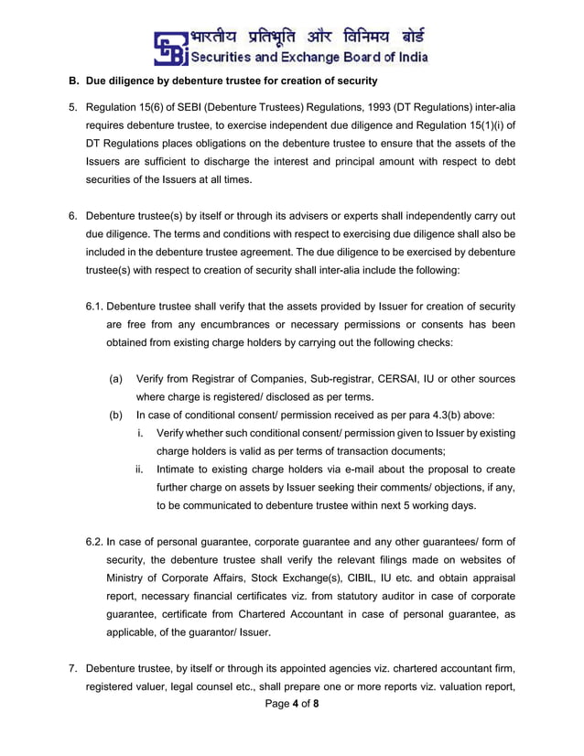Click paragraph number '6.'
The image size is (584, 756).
click(73, 216)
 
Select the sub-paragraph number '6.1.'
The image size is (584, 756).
click(96, 306)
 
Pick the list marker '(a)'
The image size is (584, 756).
click(116, 378)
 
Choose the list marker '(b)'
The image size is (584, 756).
click(116, 415)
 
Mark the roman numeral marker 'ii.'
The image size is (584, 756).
click(140, 469)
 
